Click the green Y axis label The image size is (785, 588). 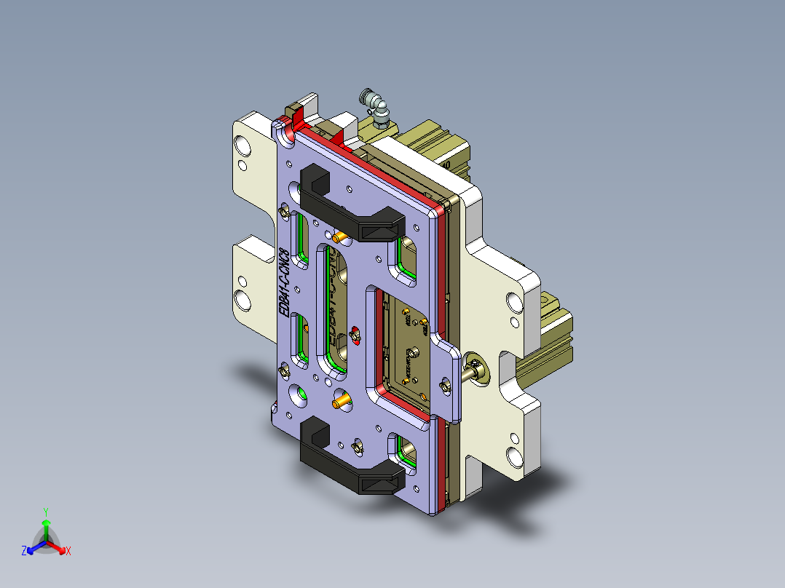tap(45, 512)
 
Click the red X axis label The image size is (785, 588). tap(68, 552)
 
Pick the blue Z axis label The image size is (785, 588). tap(23, 552)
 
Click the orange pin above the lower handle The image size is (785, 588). tap(340, 401)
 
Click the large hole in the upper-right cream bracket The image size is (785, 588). tap(514, 301)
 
